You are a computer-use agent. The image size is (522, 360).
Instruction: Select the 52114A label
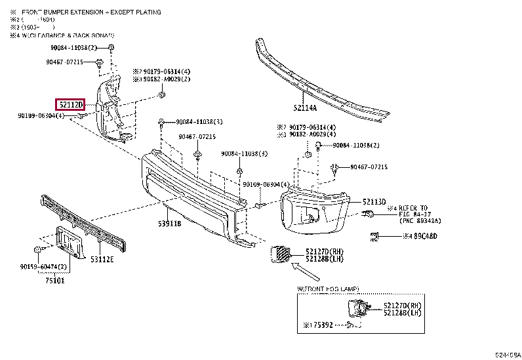click(x=305, y=108)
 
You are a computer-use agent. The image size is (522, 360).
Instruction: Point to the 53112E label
click(x=102, y=260)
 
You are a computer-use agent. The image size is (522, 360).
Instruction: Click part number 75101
click(x=56, y=280)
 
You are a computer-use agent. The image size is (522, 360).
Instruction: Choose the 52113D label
click(x=374, y=202)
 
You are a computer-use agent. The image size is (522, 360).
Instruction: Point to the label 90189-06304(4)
click(x=41, y=116)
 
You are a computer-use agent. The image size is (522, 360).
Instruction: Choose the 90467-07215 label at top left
click(x=64, y=62)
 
